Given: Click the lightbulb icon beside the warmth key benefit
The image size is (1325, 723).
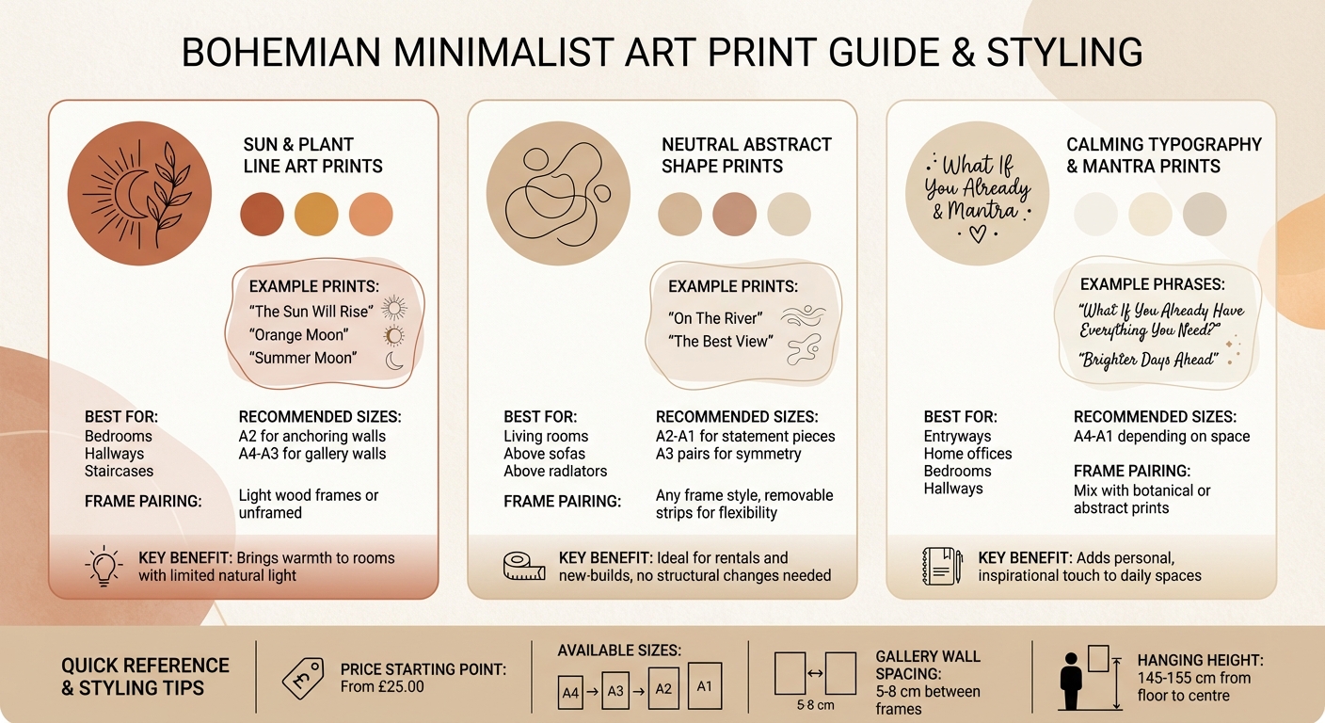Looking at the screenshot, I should [x=104, y=565].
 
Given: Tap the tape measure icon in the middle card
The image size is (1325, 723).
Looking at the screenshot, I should [x=524, y=565].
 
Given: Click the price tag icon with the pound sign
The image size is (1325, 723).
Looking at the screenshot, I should [x=303, y=677].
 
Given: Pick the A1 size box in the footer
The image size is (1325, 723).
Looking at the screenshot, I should [x=705, y=685].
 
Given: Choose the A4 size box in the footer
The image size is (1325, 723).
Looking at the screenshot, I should [x=570, y=692].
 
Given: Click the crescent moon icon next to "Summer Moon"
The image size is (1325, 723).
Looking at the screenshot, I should [x=394, y=359].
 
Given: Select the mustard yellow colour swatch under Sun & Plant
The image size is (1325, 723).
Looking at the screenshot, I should [x=316, y=214].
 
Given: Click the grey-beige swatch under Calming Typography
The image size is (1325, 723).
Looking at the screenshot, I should [x=1205, y=214].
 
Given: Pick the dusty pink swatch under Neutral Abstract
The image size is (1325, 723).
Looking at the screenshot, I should [x=735, y=214].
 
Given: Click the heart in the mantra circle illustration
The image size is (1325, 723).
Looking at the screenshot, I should [x=978, y=233].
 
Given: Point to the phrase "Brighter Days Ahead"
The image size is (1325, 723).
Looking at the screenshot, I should [x=1149, y=361].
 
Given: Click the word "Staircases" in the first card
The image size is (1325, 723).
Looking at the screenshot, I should [x=119, y=471].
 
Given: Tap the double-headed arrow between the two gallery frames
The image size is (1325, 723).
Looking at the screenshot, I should [x=815, y=673].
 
